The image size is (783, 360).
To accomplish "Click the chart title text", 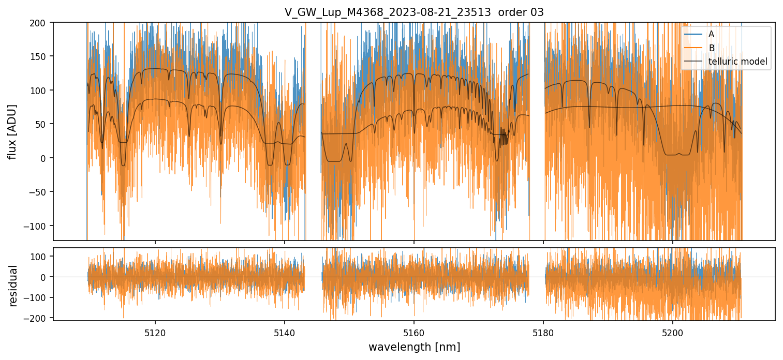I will pos(414,12).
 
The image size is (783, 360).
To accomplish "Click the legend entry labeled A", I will pos(712,34).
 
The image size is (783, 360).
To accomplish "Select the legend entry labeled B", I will pos(712,48).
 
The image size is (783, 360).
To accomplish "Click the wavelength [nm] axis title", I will pos(414,347).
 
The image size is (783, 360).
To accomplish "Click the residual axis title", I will pos(13,286).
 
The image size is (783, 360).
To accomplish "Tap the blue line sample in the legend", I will pos(694,34).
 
